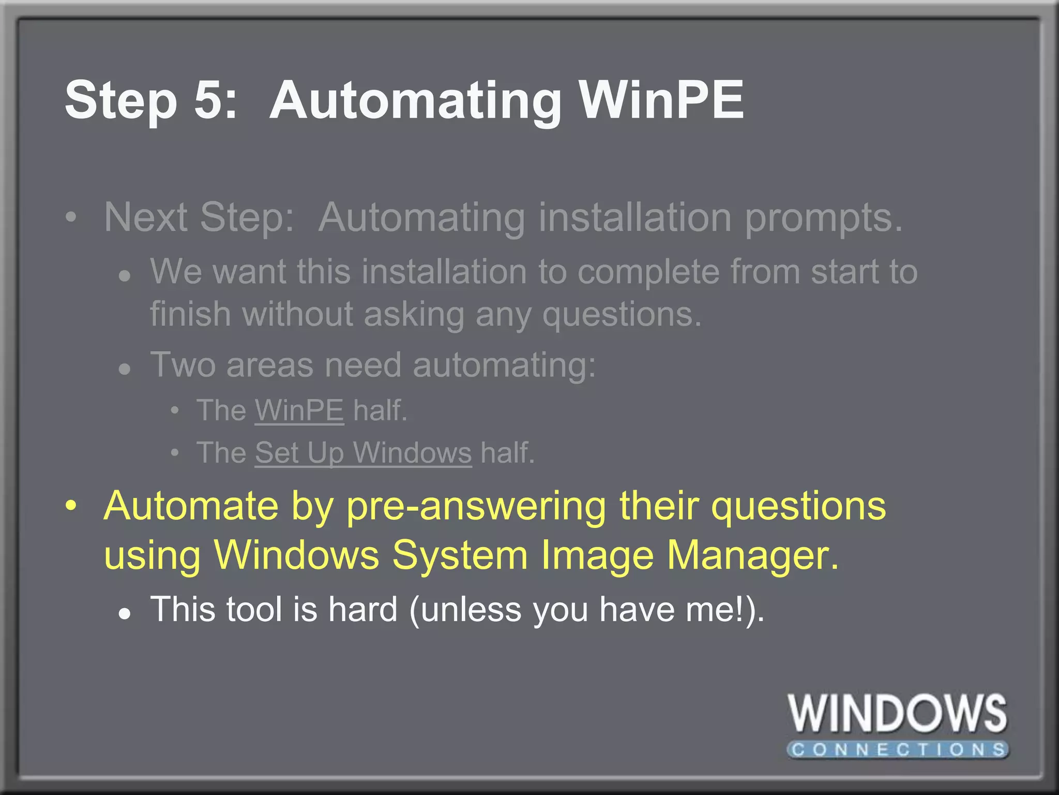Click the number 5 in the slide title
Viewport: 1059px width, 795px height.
pyautogui.click(x=208, y=99)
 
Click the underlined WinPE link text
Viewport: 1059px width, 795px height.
pyautogui.click(x=299, y=410)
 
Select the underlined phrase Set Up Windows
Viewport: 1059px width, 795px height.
pyautogui.click(x=363, y=453)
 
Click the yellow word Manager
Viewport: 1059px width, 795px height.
pyautogui.click(x=752, y=555)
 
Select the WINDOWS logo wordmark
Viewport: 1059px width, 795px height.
pyautogui.click(x=897, y=714)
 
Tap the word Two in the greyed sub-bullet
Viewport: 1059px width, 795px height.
pyautogui.click(x=183, y=365)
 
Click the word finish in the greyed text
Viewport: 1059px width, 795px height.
pyautogui.click(x=190, y=314)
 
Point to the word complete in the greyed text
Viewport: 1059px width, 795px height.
pyautogui.click(x=648, y=272)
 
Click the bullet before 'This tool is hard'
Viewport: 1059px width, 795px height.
pyautogui.click(x=124, y=614)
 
